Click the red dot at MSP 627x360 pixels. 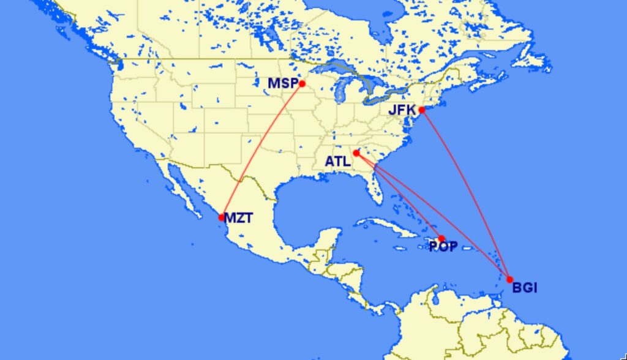click(x=302, y=84)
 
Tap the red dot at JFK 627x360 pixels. click(x=422, y=110)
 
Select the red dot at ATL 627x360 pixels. click(x=356, y=153)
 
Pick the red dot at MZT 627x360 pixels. click(x=222, y=217)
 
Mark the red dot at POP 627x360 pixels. click(x=441, y=238)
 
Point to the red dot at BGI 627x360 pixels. click(x=509, y=279)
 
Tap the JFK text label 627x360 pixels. click(x=402, y=111)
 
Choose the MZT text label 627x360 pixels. click(x=238, y=217)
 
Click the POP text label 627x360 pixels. click(x=443, y=247)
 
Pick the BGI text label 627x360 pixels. click(x=524, y=287)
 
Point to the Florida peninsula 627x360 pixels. click(x=373, y=190)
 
